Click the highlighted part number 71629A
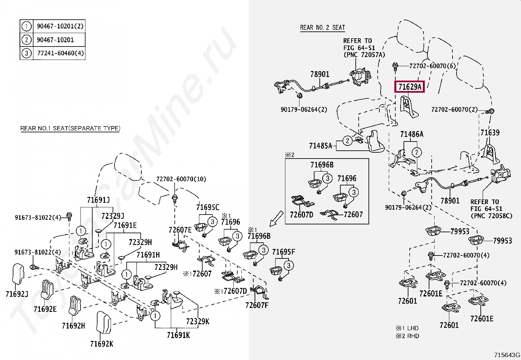409,87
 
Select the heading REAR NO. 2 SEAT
322,28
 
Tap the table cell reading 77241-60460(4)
60,53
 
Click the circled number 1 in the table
27,26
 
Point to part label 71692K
101,344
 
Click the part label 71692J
17,294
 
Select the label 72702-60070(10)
181,179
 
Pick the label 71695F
283,252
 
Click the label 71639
490,133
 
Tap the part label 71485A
320,146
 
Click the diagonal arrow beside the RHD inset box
276,218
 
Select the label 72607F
257,306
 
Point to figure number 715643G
507,355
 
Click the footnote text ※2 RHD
407,336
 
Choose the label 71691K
178,335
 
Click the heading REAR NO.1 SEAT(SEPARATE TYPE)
70,128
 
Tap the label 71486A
412,134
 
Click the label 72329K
197,322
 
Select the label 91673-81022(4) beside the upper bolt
38,218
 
